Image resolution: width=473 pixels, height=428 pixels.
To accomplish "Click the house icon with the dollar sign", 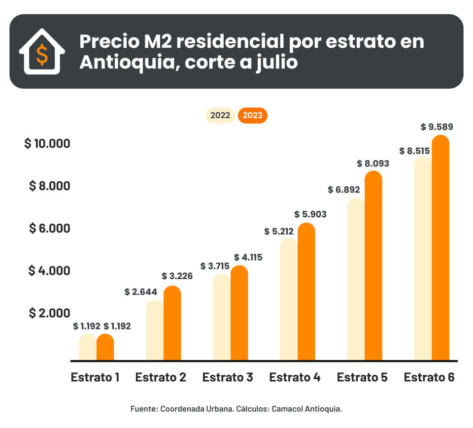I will tap(42, 52).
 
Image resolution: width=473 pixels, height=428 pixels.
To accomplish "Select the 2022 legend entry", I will tap(220, 116).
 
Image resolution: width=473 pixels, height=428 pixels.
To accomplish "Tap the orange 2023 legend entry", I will tap(252, 116).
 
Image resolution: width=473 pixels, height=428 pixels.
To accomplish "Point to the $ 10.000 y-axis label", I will tap(47, 144).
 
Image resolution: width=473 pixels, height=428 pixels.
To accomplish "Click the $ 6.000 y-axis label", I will tap(50, 229).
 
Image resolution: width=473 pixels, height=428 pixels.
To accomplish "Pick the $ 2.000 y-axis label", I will tap(50, 313).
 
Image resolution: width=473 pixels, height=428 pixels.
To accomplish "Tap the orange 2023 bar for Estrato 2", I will tap(172, 323).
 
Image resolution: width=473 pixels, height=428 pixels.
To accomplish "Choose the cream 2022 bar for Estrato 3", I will tap(222, 317).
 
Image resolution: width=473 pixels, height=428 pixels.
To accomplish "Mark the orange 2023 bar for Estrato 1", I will tap(105, 347).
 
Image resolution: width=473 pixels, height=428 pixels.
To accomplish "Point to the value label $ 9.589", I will tap(437, 127).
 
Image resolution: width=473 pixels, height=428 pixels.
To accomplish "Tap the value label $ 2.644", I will tap(141, 292).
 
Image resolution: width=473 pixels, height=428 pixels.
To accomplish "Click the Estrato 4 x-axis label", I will tap(295, 378).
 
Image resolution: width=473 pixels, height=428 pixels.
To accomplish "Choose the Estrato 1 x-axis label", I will tap(95, 378).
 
